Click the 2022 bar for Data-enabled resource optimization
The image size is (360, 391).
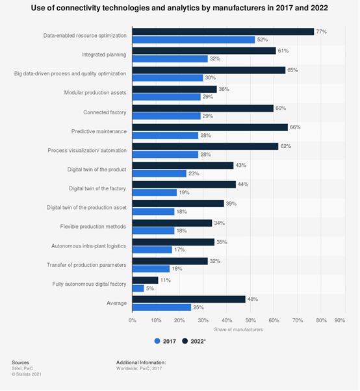coord(223,32)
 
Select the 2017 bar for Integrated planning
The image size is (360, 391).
coord(170,59)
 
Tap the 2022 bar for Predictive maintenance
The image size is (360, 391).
coord(210,127)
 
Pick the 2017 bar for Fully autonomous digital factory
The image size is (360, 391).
coord(138,288)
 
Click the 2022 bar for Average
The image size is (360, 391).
coord(189,299)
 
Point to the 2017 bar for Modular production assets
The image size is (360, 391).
coord(166,97)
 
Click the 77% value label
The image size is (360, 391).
coord(321,32)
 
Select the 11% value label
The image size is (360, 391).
coord(166,281)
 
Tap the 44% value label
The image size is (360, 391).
coord(243,184)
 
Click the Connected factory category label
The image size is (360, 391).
coord(105,112)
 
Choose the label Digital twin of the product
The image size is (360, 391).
coord(97,170)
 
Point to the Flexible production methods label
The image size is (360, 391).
coord(93,227)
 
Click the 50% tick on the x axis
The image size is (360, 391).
coord(250,320)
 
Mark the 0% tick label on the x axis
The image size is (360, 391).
coord(133,320)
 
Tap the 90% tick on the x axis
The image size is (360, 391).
coord(340,320)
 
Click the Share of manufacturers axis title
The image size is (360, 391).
coord(238,330)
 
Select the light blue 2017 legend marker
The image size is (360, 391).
coord(157,341)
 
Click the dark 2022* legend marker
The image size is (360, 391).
coord(185,341)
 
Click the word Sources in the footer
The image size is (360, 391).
coord(20,362)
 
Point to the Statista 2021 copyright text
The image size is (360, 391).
coord(27,374)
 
